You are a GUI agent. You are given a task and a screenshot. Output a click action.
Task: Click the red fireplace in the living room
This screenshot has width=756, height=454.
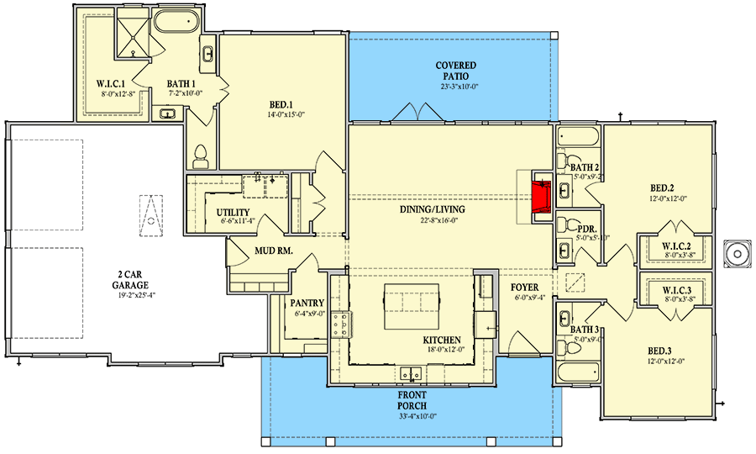coord(542,194)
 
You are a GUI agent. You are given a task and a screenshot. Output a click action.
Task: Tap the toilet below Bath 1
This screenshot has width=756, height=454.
coord(201,156)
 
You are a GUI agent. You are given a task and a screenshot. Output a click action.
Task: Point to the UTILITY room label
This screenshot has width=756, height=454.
coord(232,212)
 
